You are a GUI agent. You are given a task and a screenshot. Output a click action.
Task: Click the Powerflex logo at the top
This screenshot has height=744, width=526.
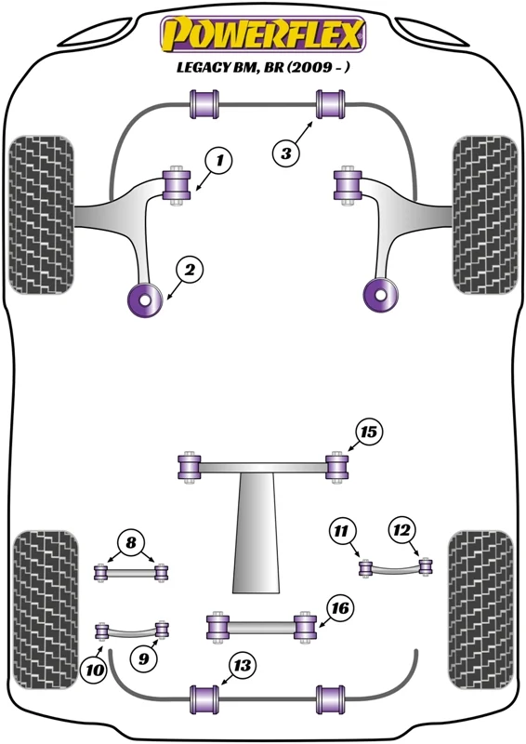(x=263, y=34)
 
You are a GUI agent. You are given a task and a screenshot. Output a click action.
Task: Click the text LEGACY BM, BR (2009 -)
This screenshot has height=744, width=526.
(x=263, y=67)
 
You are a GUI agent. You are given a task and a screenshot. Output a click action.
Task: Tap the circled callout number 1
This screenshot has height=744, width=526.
(x=218, y=161)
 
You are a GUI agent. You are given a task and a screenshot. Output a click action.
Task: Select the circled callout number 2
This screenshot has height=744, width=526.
(x=190, y=270)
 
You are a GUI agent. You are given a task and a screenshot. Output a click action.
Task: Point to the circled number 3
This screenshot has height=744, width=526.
(x=286, y=153)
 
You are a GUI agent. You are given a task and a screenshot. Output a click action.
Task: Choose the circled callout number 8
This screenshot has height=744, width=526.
(x=131, y=542)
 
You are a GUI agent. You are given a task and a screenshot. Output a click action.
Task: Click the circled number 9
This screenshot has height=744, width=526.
(x=144, y=658)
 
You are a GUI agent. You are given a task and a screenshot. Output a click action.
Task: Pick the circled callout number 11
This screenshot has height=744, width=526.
(x=341, y=530)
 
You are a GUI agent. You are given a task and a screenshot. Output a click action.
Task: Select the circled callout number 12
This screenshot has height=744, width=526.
(x=401, y=529)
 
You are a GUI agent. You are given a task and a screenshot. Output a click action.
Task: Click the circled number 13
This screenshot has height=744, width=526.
(x=242, y=665)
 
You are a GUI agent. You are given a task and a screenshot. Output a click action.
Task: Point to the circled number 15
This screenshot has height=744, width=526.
(x=369, y=432)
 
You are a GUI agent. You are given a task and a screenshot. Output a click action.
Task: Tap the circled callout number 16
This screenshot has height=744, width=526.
(x=340, y=608)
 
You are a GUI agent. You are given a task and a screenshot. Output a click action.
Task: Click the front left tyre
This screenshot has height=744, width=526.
(x=41, y=215)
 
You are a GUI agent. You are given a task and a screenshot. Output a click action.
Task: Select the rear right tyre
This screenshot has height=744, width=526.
(x=481, y=610)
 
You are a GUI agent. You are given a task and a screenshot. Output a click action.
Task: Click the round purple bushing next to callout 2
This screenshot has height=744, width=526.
(x=146, y=299)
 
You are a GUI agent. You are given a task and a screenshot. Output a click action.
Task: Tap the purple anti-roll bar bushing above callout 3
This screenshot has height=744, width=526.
(x=331, y=104)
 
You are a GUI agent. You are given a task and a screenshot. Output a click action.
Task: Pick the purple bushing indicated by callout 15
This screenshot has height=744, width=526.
(x=336, y=467)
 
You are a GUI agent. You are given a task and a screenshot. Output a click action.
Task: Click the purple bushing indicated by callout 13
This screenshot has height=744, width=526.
(x=204, y=699)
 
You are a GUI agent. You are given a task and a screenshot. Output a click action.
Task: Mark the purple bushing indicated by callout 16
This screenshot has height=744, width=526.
(x=306, y=626)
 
